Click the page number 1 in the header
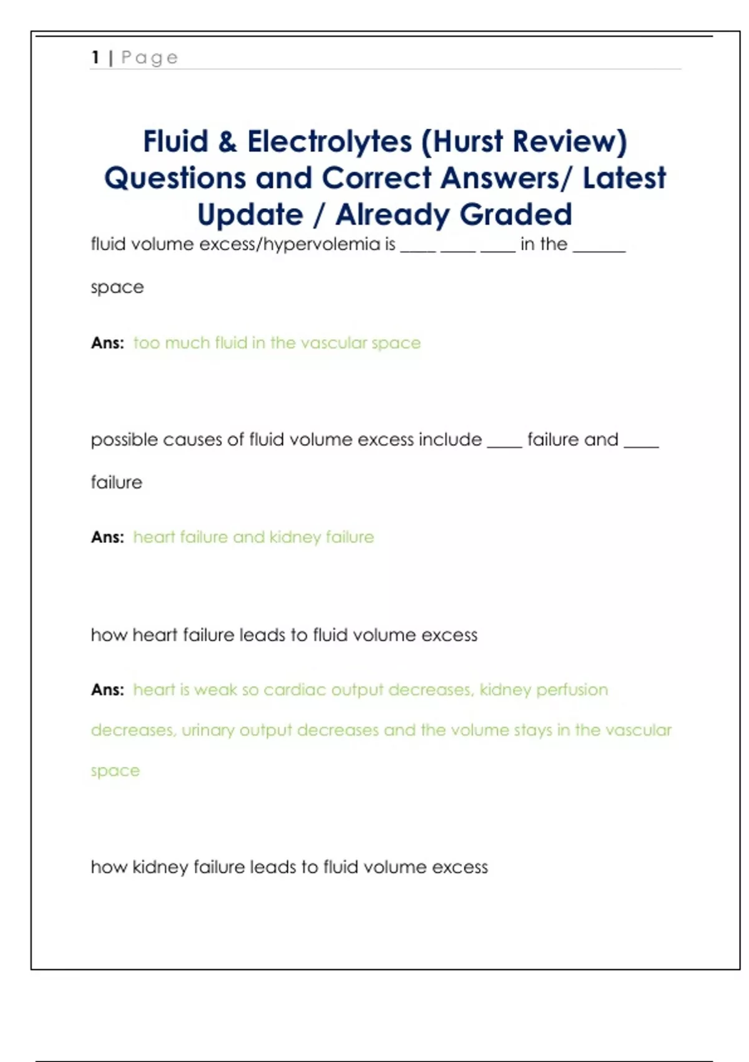[x=95, y=57]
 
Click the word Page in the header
[x=149, y=58]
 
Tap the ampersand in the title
[x=228, y=141]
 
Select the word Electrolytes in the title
[x=330, y=142]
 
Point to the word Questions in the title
[x=175, y=179]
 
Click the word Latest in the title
[x=624, y=178]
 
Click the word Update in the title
[x=250, y=216]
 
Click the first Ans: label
[x=107, y=343]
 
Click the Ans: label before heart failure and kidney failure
[x=107, y=537]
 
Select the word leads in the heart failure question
[x=263, y=635]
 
